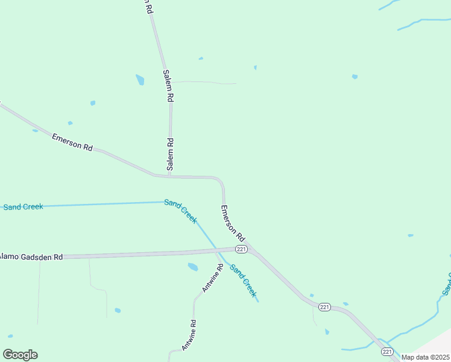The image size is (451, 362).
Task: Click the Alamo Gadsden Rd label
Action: [31, 256]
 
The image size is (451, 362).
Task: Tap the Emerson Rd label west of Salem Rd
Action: [72, 142]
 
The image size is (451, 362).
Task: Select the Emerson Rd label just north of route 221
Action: [232, 223]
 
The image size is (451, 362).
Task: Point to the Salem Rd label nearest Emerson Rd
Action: [171, 154]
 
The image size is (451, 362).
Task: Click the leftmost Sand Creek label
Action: [23, 207]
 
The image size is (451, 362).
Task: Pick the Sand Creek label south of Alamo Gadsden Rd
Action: [243, 281]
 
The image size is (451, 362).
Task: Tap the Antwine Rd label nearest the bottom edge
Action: [188, 335]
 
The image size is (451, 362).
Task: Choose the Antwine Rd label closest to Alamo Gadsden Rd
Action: [213, 278]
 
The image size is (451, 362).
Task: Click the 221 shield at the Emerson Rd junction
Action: [241, 249]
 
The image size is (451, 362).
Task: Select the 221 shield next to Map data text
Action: [386, 352]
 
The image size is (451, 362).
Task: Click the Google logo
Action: [20, 355]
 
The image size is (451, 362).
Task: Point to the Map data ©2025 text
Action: [426, 357]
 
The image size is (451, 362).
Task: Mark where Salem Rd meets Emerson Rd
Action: [171, 177]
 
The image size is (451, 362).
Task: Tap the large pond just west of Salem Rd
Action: [140, 80]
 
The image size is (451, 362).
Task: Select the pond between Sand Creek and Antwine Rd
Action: [193, 267]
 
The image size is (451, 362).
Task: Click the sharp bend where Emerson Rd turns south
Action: [221, 180]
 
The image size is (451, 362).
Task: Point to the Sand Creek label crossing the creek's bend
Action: [180, 211]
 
